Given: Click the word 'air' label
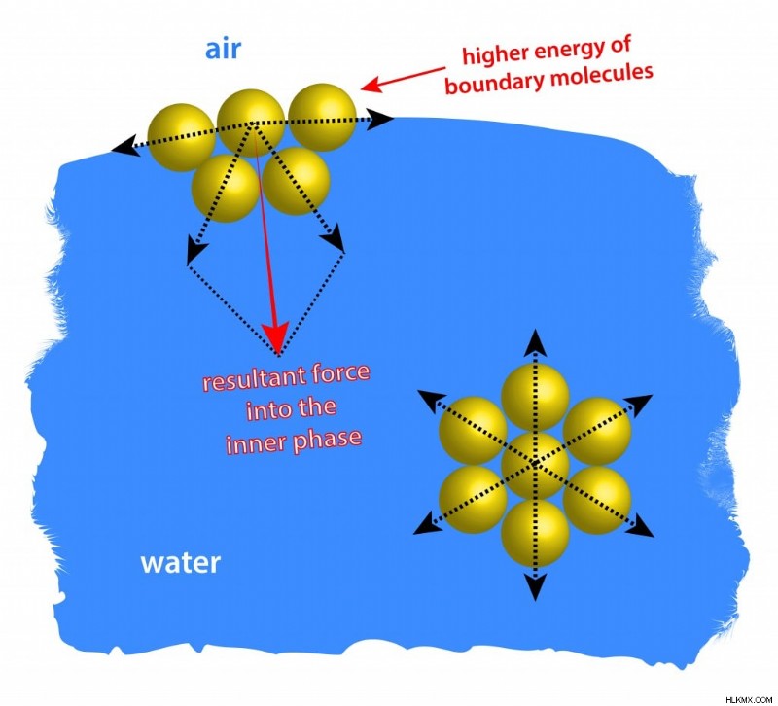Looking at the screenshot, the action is [223, 50].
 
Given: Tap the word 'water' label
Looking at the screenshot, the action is [181, 563].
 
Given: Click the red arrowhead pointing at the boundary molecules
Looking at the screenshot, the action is [371, 85].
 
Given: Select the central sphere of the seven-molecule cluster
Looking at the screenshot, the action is [535, 465].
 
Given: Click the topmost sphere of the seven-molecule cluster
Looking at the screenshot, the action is [535, 397].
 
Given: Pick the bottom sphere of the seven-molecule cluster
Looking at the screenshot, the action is [535, 533].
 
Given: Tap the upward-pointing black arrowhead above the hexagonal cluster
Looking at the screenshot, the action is [535, 341].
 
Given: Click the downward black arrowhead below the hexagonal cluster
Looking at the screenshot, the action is [535, 587].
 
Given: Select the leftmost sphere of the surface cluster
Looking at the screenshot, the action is [182, 137].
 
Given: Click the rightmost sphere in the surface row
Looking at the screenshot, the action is [323, 117].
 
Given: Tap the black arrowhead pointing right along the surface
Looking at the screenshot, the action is [381, 119].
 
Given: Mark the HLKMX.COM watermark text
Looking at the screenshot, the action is [749, 699].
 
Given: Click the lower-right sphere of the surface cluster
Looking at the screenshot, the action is [297, 181].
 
